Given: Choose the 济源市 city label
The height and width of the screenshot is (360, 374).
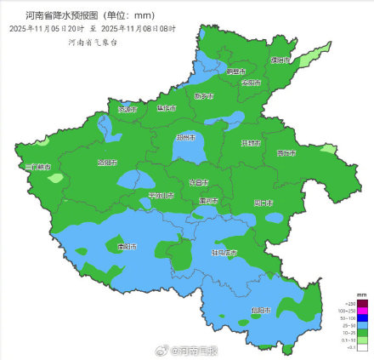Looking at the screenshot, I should coord(127,109).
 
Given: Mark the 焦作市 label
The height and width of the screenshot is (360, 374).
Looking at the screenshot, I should coord(167,109).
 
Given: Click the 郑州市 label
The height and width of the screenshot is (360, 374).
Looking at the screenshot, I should coord(186,138).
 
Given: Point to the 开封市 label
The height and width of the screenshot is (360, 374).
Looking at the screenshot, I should coord(249,144).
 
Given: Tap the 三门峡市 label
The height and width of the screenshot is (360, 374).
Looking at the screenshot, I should coord(38,168).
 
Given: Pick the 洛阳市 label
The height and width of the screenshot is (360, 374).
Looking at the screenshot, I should coord(108,162).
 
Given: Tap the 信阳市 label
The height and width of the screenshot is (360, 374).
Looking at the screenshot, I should coord(260,311).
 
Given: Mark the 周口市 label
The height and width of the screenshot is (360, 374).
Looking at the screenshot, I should coord(264,203).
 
